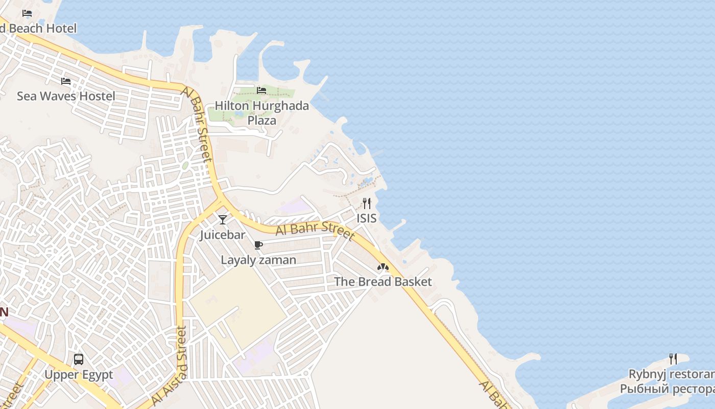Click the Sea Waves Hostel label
[66, 96]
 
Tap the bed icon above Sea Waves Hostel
[66, 81]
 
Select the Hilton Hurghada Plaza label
[261, 113]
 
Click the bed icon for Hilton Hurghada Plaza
[261, 90]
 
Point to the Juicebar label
[222, 235]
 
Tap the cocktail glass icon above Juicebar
[222, 220]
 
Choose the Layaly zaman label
[258, 260]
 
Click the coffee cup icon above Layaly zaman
[258, 245]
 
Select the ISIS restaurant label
[367, 218]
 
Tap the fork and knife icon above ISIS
[367, 203]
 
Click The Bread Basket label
[383, 282]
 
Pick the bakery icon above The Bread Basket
[383, 267]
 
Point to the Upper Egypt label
[79, 375]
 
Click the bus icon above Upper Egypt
[79, 359]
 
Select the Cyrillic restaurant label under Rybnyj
[667, 389]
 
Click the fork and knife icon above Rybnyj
[673, 359]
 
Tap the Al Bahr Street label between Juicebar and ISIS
[315, 230]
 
